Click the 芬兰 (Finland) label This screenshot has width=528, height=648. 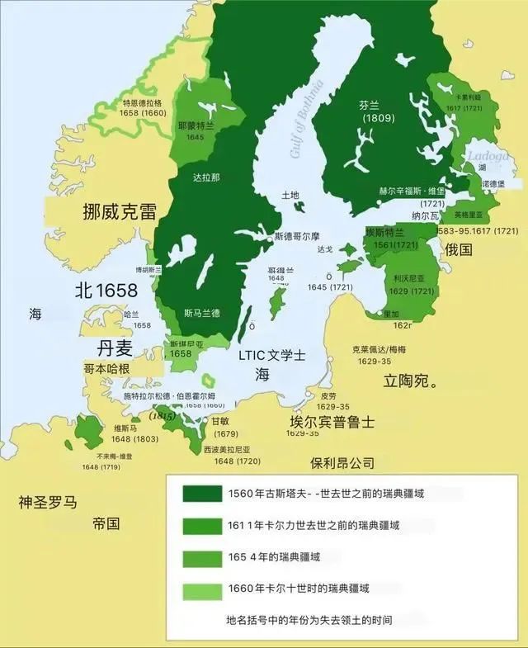pyautogui.click(x=370, y=105)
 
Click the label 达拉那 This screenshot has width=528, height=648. pyautogui.click(x=206, y=177)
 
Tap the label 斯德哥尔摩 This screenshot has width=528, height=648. pyautogui.click(x=301, y=236)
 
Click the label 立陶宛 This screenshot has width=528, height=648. pyautogui.click(x=410, y=381)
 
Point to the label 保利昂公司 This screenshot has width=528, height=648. pyautogui.click(x=342, y=462)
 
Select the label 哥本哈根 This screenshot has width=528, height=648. pyautogui.click(x=106, y=368)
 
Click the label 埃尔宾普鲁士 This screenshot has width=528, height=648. pyautogui.click(x=332, y=421)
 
